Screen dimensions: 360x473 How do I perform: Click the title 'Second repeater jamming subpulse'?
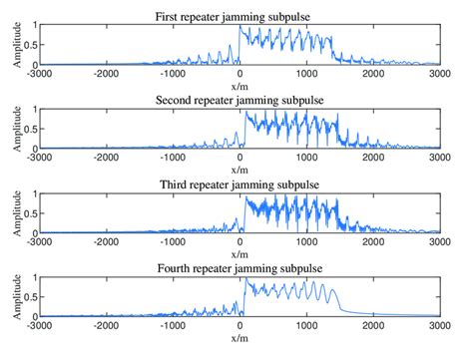[240, 101]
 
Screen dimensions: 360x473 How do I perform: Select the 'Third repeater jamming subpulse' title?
[240, 185]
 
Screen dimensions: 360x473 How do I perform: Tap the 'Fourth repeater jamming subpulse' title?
[240, 269]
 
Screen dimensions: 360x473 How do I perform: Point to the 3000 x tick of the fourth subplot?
[440, 325]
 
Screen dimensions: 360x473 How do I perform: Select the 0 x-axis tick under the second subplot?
[240, 157]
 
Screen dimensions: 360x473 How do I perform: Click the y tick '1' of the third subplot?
[33, 193]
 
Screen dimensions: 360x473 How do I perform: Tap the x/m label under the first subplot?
[240, 84]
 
